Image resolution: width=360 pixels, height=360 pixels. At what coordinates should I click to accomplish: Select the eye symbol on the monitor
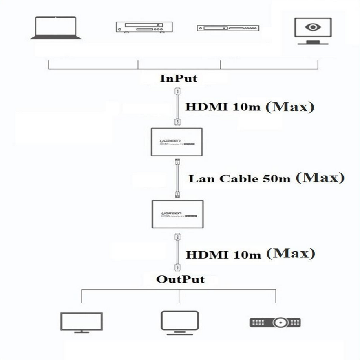click(312, 27)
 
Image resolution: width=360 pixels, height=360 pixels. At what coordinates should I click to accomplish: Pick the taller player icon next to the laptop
click(144, 27)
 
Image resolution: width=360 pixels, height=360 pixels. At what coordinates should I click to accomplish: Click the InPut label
click(178, 78)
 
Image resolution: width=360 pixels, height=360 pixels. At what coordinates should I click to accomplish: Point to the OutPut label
click(180, 279)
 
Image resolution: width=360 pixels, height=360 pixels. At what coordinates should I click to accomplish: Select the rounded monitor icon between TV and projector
click(179, 322)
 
